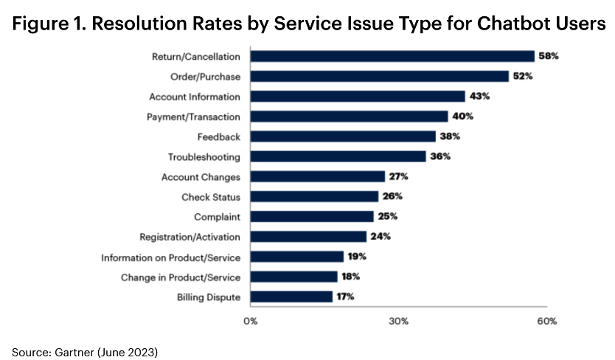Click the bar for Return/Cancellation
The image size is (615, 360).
pyautogui.click(x=392, y=56)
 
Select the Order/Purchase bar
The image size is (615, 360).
pyautogui.click(x=380, y=76)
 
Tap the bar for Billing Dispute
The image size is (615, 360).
pyautogui.click(x=291, y=297)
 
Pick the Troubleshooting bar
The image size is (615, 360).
pyautogui.click(x=338, y=156)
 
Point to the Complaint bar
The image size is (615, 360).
pyautogui.click(x=312, y=217)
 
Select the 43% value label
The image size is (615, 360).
pyautogui.click(x=479, y=96)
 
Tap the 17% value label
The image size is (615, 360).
pyautogui.click(x=346, y=297)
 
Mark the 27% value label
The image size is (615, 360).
pyautogui.click(x=399, y=176)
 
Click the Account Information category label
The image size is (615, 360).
pyautogui.click(x=194, y=97)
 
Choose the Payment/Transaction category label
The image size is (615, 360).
pyautogui.click(x=193, y=117)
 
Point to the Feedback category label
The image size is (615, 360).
pyautogui.click(x=219, y=136)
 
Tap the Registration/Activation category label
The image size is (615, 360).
pyautogui.click(x=190, y=237)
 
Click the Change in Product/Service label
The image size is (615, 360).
pyautogui.click(x=181, y=277)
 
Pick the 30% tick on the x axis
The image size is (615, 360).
pyautogui.click(x=398, y=322)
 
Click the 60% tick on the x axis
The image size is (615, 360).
pyautogui.click(x=546, y=322)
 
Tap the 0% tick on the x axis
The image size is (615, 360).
pyautogui.click(x=251, y=322)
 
